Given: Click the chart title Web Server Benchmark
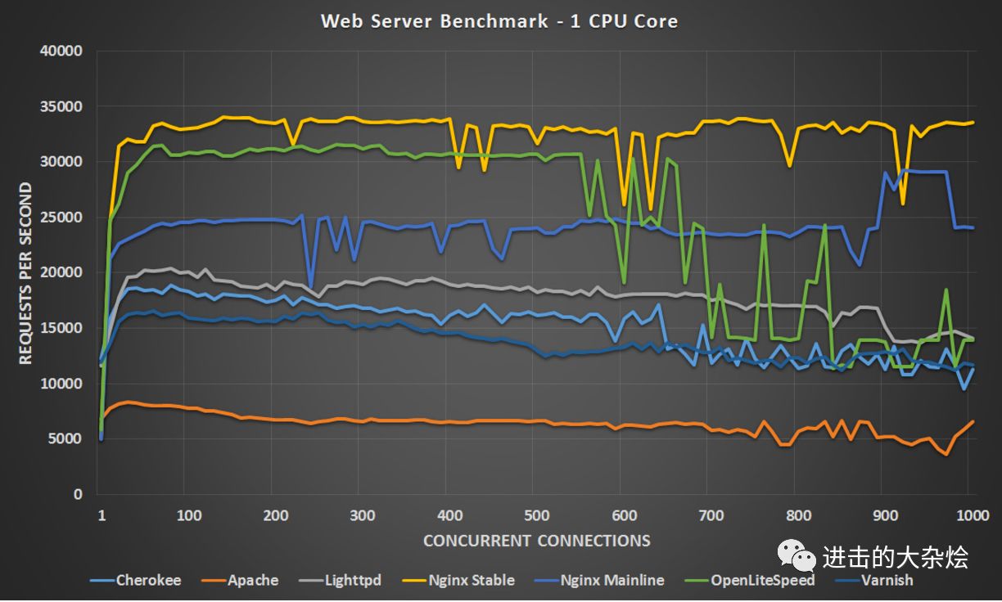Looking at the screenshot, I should pos(499,21).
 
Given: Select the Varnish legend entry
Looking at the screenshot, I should pos(884,580).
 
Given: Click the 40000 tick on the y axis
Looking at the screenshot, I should pos(61,51).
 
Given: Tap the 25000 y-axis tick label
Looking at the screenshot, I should pos(61,218).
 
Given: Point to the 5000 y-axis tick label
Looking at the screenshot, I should pos(65,439).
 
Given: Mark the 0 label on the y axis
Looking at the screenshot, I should pos(79,494).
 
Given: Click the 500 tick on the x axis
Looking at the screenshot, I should pos(536,515).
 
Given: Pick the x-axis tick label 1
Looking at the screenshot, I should pos(102,515).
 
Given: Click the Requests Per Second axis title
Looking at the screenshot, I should pos(26,273).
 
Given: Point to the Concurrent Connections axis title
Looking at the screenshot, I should pos(537,541).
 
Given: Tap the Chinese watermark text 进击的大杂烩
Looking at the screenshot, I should pos(896,557).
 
